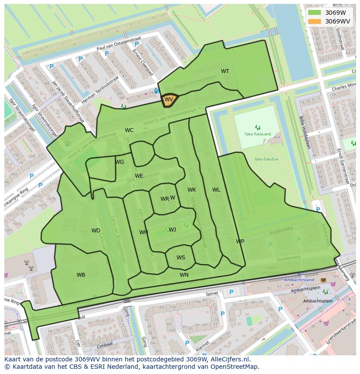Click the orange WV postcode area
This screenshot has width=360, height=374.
[169, 100]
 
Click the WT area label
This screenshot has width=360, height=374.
[225, 71]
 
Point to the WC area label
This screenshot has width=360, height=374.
[129, 130]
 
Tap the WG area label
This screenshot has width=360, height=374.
[120, 162]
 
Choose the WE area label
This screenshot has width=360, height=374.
[139, 176]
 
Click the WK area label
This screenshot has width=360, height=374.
[192, 190]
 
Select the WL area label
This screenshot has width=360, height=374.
[216, 190]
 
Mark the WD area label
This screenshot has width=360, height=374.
[96, 231]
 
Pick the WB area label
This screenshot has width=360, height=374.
[81, 275]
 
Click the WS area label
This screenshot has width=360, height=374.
[180, 258]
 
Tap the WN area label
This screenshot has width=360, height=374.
[184, 275]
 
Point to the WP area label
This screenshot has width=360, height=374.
[240, 242]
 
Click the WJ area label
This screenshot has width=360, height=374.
[172, 230]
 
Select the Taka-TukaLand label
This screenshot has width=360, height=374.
[257, 134]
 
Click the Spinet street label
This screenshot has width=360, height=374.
[213, 294]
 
